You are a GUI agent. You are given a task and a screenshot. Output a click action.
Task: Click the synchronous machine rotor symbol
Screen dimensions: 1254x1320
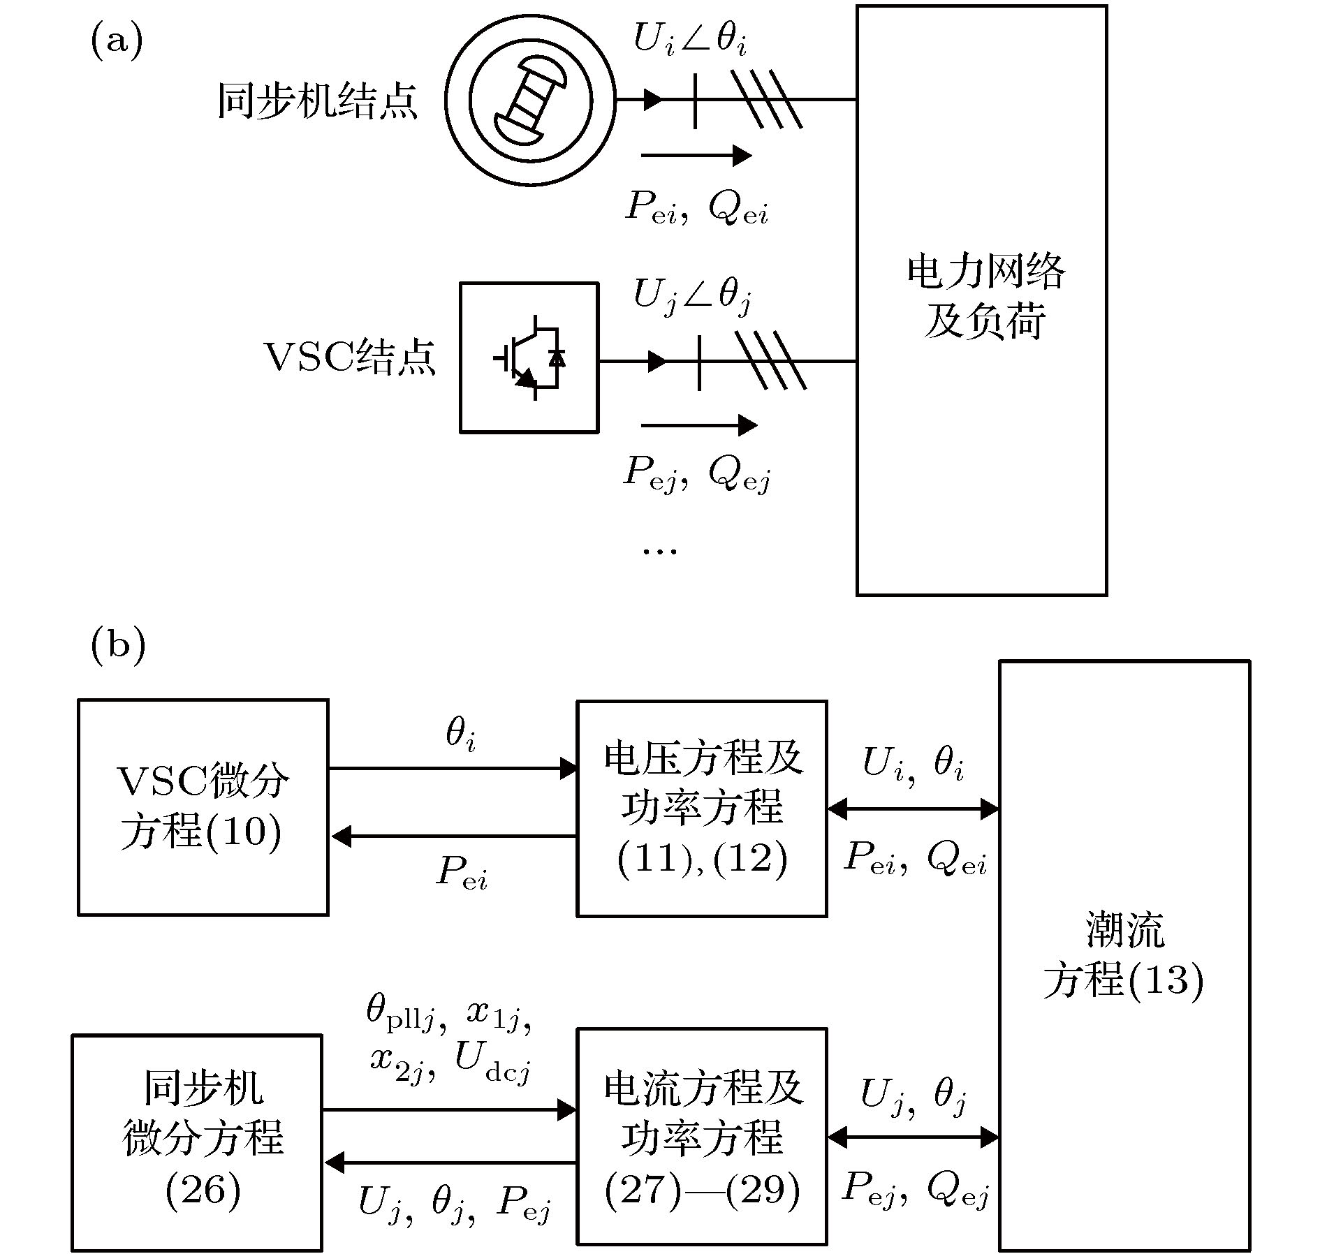[x=531, y=101]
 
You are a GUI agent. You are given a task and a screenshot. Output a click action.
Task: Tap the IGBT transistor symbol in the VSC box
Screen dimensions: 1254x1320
[x=529, y=357]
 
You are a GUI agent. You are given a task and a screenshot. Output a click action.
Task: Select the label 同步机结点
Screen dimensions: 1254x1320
[x=318, y=102]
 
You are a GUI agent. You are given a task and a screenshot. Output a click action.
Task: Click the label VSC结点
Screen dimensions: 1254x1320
[x=349, y=357]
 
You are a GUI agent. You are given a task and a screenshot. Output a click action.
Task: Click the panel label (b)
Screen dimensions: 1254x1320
[x=117, y=645]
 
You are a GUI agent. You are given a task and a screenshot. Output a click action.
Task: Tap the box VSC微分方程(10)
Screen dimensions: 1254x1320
[x=203, y=806]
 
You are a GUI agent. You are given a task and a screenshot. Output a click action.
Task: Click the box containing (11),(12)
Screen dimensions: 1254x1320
[x=702, y=808]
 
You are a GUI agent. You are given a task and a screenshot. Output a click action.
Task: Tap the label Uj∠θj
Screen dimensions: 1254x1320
[x=691, y=296]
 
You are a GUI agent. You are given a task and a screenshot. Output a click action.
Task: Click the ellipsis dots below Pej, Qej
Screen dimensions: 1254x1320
[x=659, y=551]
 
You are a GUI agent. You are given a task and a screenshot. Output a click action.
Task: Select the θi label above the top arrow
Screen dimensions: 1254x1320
[x=461, y=735]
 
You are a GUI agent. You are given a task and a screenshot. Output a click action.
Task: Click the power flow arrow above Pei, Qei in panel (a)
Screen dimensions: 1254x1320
[x=696, y=155]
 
